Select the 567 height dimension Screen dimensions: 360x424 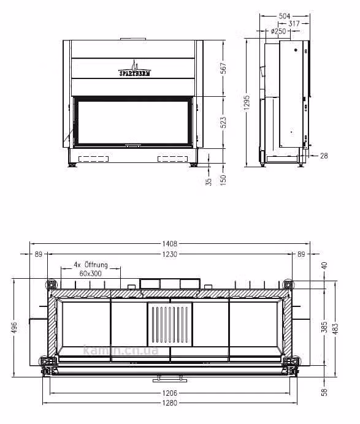224,68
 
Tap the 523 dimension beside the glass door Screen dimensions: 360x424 224,123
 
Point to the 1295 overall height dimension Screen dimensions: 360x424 247,102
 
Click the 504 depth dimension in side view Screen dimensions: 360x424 285,16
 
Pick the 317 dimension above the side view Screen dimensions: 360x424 294,24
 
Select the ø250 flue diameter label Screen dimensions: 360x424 278,31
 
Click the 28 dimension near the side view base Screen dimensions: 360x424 324,156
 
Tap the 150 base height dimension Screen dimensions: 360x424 223,180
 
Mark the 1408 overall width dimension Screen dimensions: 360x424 170,244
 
